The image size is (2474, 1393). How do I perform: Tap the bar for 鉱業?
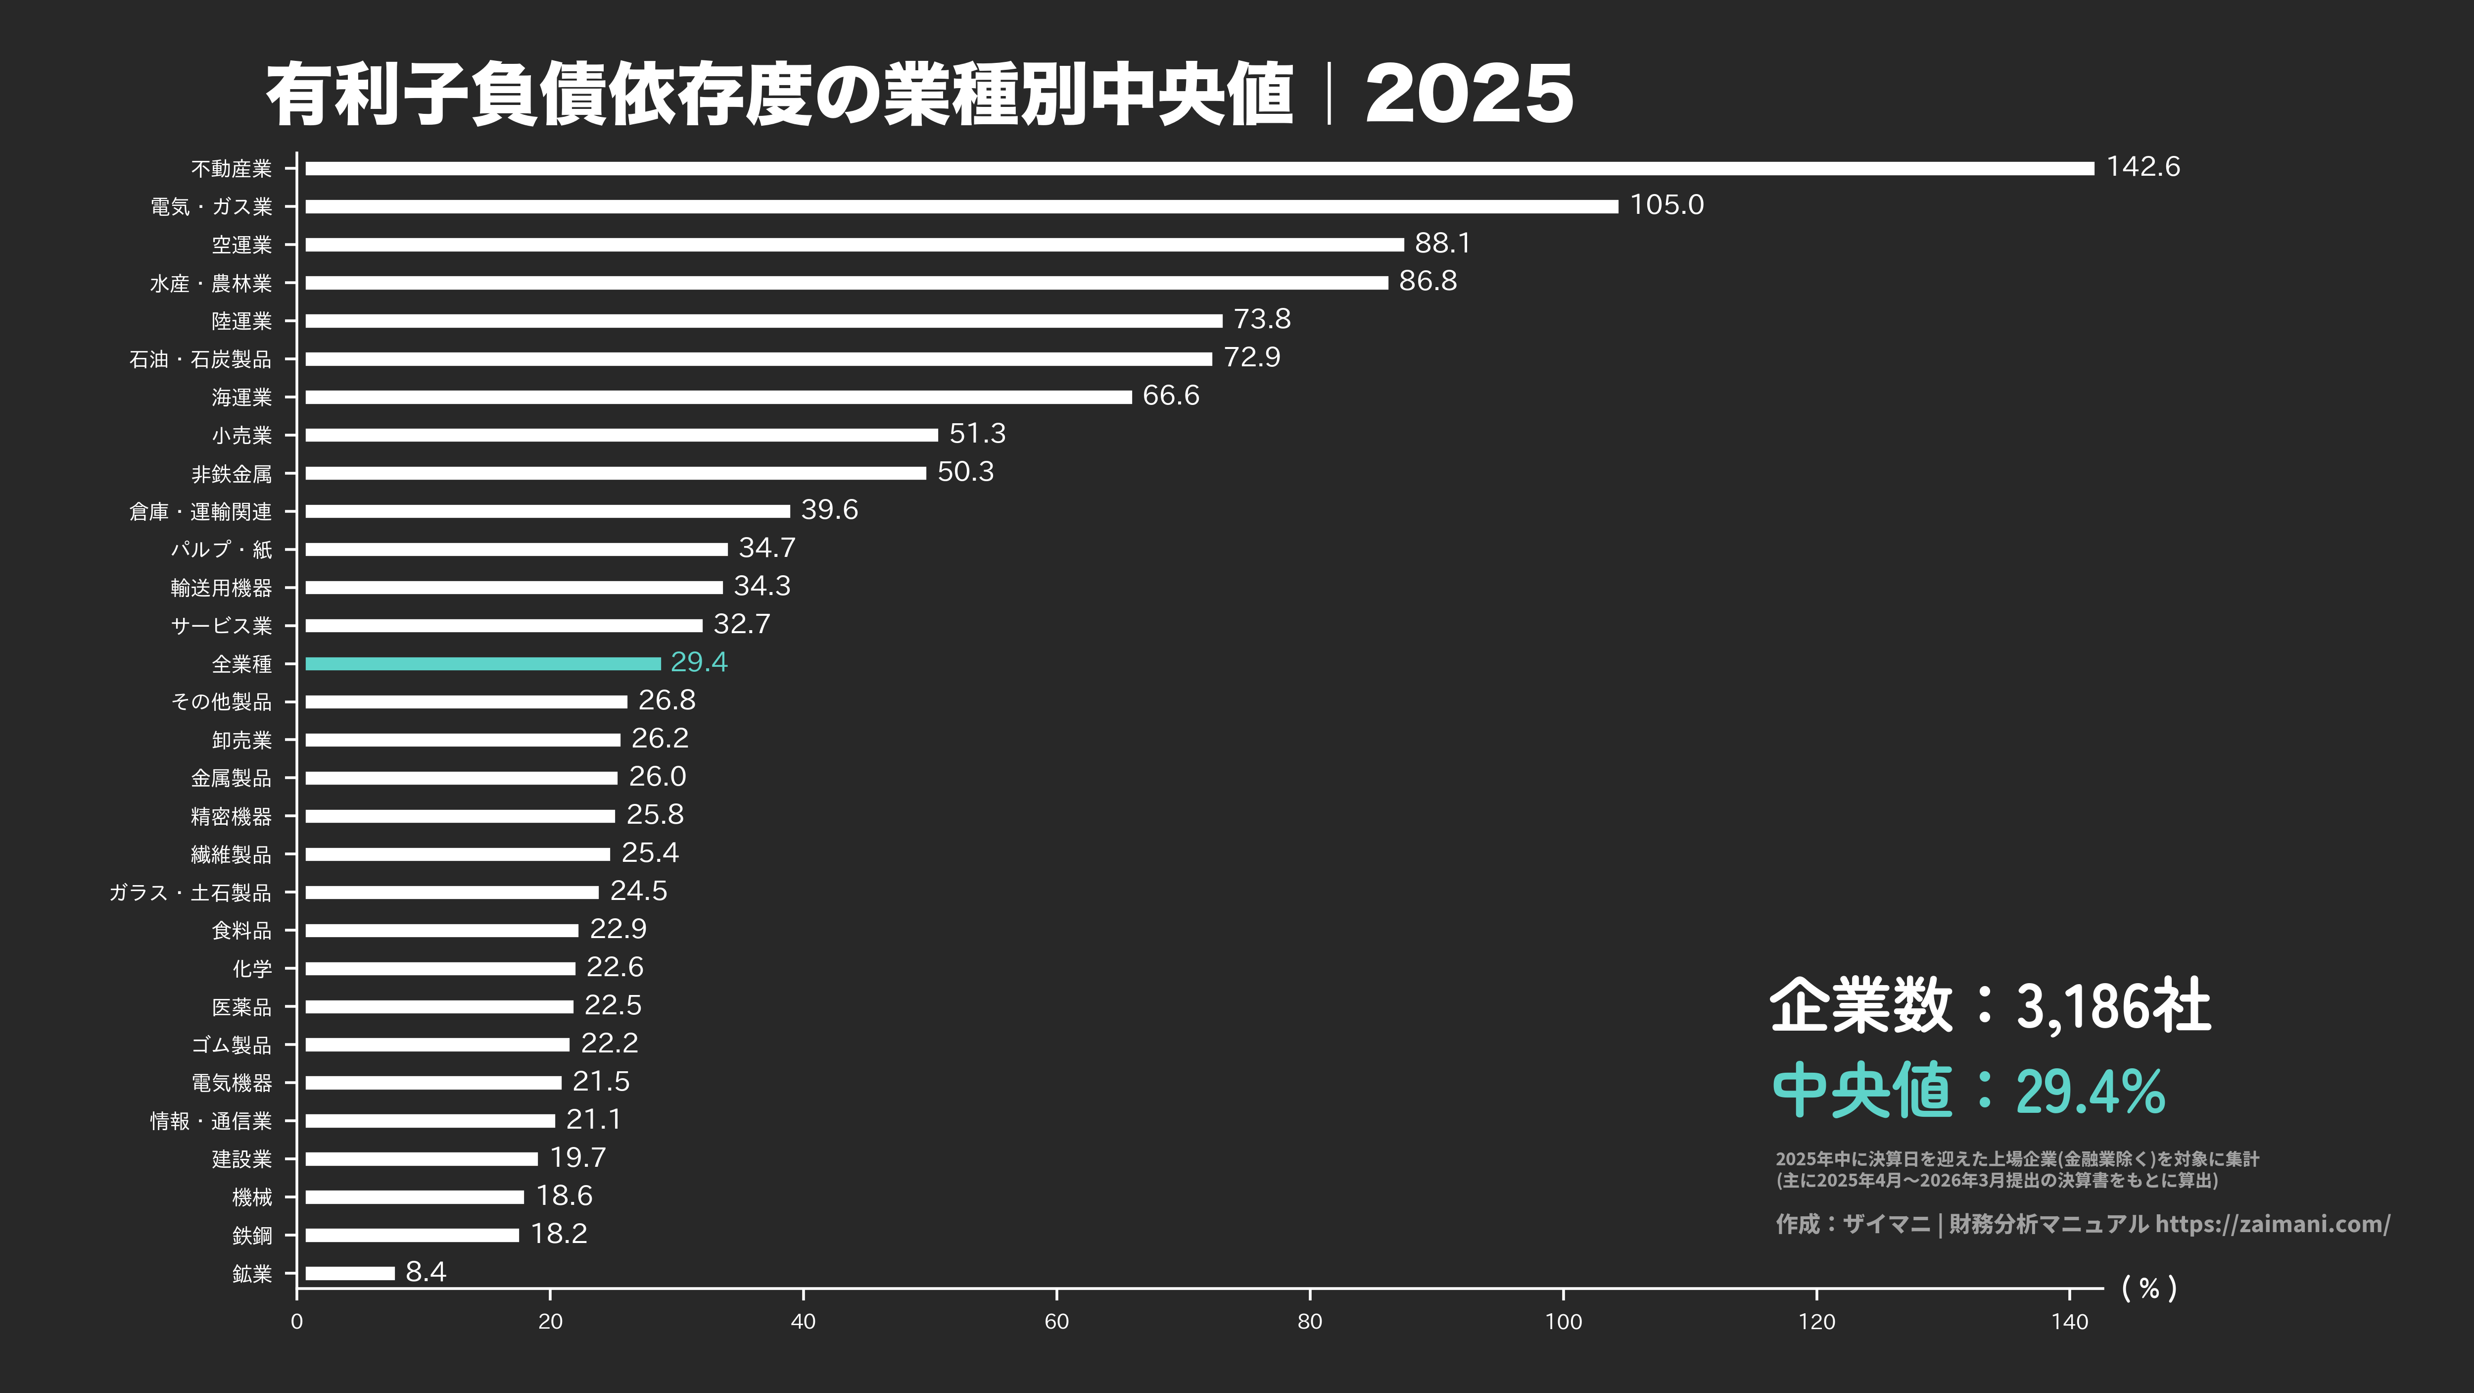(x=350, y=1273)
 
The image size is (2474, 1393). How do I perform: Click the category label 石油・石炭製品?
(x=201, y=359)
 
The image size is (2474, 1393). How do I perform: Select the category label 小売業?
(x=242, y=435)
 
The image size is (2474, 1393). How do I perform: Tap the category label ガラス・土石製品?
(x=190, y=893)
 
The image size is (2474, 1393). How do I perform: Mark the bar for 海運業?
(x=718, y=397)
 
